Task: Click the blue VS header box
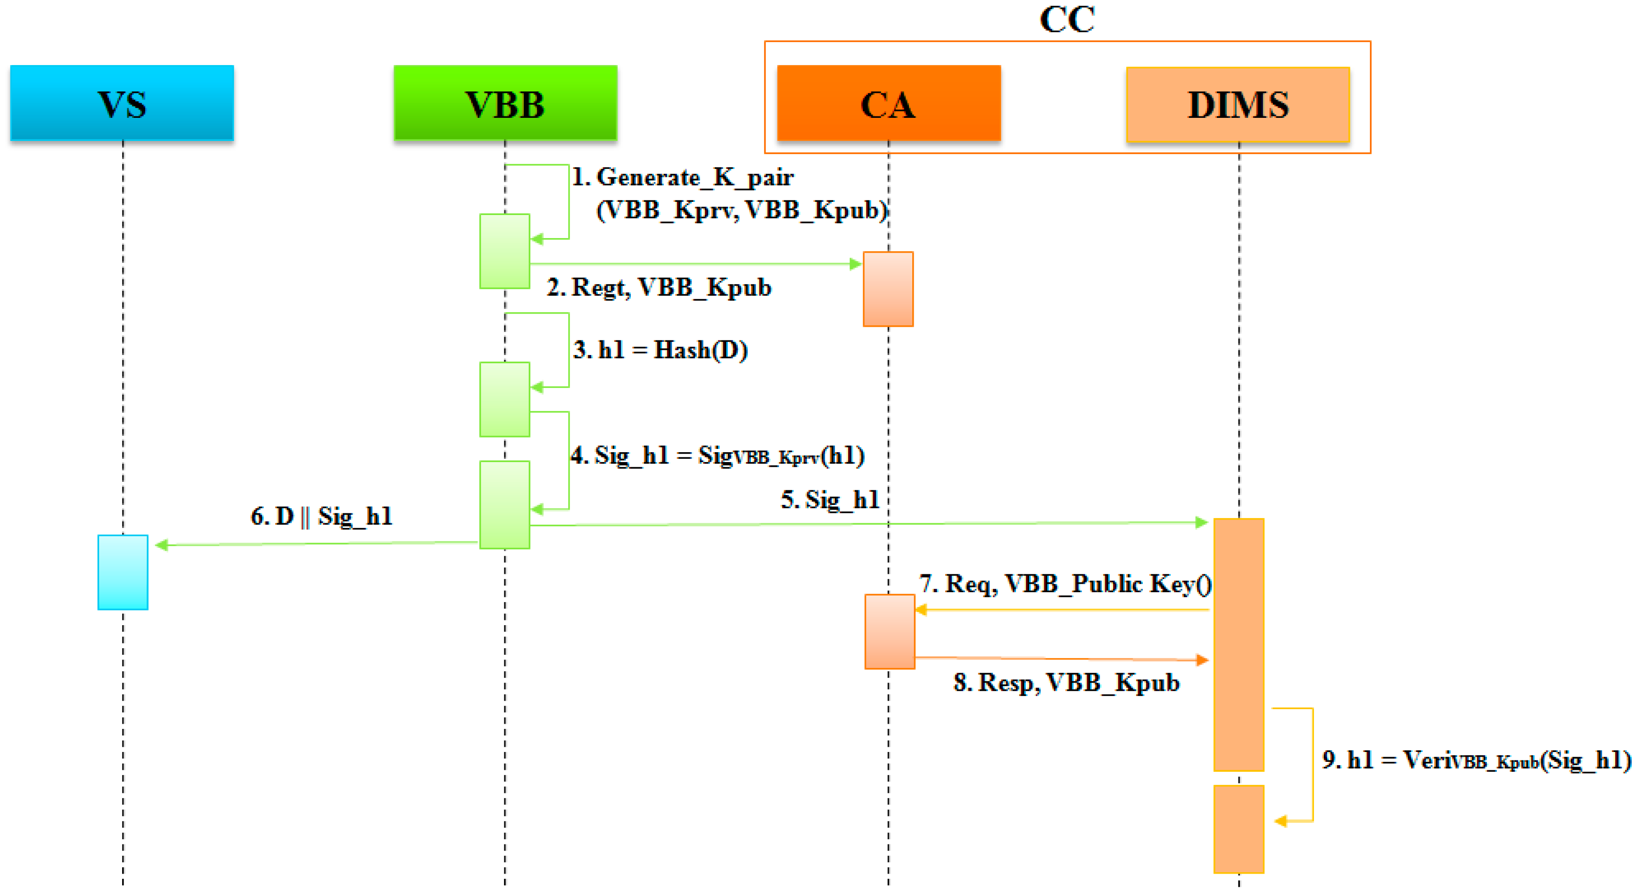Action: coord(122,103)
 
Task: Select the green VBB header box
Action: coord(505,103)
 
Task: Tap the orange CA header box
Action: coord(889,103)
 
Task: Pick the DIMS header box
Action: coord(1238,105)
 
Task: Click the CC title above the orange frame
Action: coord(1067,19)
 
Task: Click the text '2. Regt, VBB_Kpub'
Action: coord(659,288)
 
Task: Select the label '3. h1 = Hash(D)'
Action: coord(660,350)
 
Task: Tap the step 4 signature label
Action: coord(717,456)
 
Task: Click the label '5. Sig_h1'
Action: coord(830,500)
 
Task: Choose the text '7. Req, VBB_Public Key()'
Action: coord(1065,584)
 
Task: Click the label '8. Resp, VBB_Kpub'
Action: coord(1066,683)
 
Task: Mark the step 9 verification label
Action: coord(1476,760)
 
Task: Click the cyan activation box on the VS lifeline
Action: coord(123,572)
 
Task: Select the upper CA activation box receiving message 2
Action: coord(888,289)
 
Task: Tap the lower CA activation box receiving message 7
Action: coord(889,632)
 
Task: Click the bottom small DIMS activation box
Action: coord(1239,828)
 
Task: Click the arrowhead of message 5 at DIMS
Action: coord(1201,522)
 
